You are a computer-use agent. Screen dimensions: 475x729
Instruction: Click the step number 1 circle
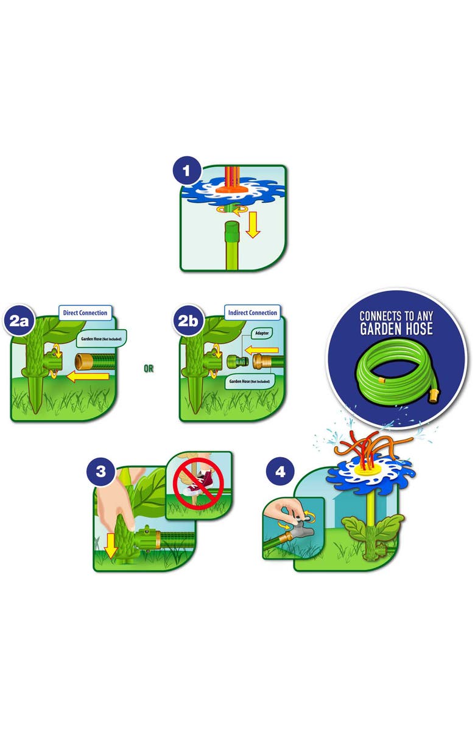tap(187, 171)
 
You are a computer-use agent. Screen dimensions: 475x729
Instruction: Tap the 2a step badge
tap(19, 321)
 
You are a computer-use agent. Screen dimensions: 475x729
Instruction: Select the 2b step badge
tap(188, 321)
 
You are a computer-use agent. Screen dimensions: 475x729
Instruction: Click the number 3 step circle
tap(101, 471)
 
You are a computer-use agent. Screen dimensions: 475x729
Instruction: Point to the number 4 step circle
tap(281, 471)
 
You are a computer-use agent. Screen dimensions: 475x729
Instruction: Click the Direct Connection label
tap(85, 313)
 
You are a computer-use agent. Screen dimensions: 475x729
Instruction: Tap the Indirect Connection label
tap(253, 313)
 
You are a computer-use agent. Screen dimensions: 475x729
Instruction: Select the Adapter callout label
tap(262, 333)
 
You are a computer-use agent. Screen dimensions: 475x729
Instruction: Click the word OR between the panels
tap(149, 369)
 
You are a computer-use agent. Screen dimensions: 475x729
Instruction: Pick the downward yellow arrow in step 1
tap(253, 225)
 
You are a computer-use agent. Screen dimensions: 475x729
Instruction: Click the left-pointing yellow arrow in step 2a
tap(88, 376)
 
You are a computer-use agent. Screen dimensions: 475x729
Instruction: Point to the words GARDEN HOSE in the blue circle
tap(396, 329)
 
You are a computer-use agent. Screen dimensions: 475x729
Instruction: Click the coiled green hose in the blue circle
tap(398, 369)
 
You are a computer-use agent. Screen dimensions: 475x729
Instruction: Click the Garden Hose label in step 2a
tap(101, 339)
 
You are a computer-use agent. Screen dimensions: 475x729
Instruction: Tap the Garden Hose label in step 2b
tap(249, 381)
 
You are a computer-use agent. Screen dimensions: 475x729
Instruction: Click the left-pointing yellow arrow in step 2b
tap(261, 350)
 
